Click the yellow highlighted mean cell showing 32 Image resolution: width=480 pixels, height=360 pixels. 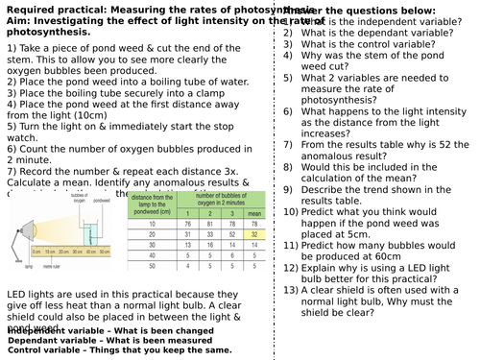(252, 233)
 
